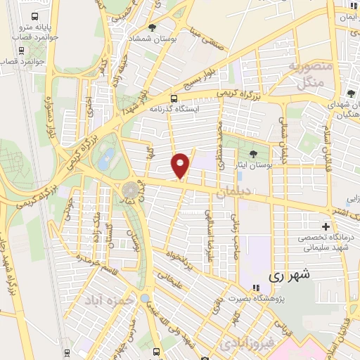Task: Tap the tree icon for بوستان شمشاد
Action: (153, 29)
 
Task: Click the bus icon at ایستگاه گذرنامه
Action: (174, 98)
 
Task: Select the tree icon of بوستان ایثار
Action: (253, 154)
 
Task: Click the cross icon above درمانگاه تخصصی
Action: (326, 226)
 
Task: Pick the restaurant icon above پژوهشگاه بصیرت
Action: (257, 288)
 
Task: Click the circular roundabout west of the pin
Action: (130, 190)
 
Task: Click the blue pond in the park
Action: (106, 159)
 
